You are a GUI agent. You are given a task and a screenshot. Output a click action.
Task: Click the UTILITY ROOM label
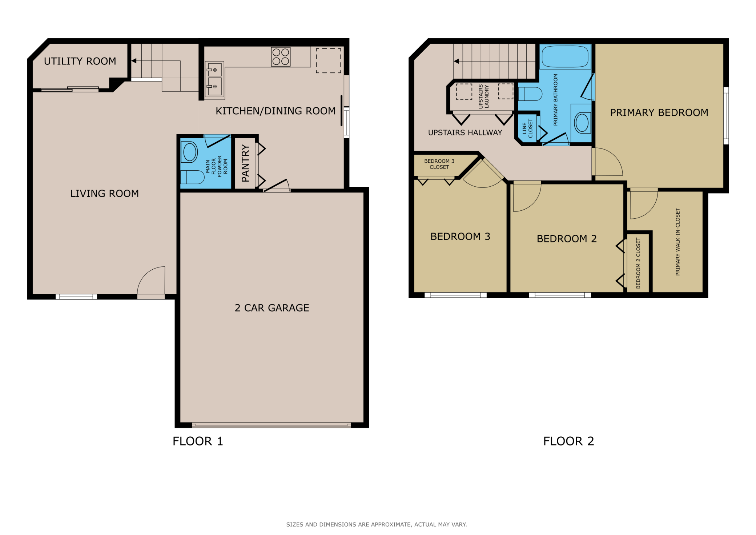click(x=80, y=61)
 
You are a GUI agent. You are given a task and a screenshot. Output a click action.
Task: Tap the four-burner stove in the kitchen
click(x=281, y=57)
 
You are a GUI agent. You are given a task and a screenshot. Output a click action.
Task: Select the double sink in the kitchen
click(x=214, y=78)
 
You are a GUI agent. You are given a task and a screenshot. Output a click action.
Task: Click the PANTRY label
click(x=245, y=163)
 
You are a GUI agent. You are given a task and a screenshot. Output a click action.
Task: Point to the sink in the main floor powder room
click(x=190, y=152)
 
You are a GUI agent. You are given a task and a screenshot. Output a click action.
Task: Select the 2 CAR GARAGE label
click(x=272, y=308)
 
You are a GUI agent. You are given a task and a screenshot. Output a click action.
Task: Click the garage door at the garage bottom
click(x=271, y=425)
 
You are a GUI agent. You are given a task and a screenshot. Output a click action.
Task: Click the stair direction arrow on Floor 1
click(x=134, y=61)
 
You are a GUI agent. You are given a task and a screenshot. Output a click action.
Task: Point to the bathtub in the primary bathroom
click(x=565, y=57)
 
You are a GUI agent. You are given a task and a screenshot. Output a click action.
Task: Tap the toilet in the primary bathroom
click(x=530, y=94)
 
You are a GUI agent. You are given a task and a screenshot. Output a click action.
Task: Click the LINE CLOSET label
click(x=527, y=128)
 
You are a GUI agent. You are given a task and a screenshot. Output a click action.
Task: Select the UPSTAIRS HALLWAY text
click(x=465, y=133)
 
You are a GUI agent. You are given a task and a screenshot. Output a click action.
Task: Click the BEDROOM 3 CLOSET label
click(x=439, y=164)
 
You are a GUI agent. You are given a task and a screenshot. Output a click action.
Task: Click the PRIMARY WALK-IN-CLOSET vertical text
click(x=677, y=242)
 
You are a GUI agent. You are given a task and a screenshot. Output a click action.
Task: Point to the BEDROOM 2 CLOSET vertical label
click(x=638, y=263)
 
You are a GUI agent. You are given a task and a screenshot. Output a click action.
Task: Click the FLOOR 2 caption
click(x=568, y=441)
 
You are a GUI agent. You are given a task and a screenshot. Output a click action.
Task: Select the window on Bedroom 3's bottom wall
click(x=455, y=295)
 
